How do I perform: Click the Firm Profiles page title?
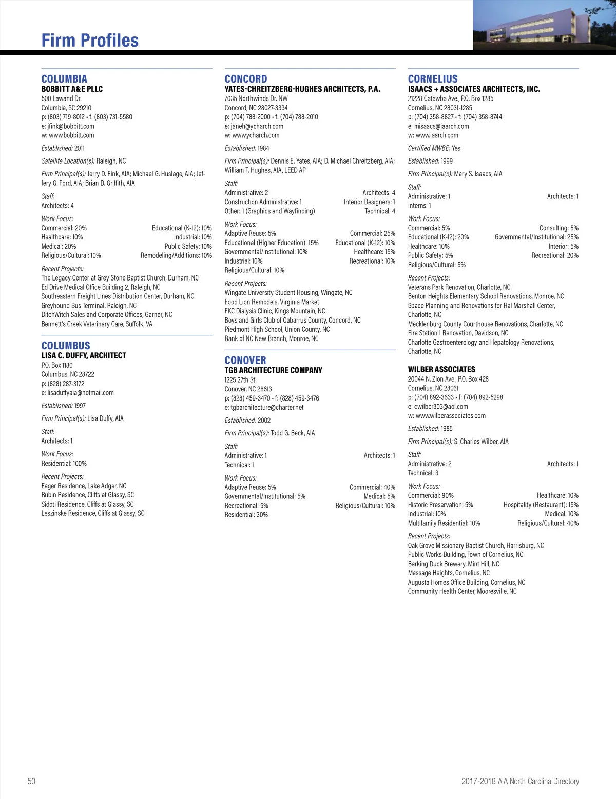(x=90, y=41)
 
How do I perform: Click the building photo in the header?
(x=544, y=25)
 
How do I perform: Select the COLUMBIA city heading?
(x=64, y=79)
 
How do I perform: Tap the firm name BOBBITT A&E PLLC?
(x=72, y=89)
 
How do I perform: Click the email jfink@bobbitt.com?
(x=71, y=126)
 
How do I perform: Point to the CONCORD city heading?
(x=246, y=79)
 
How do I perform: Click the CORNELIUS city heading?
(x=433, y=79)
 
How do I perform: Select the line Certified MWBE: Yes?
(x=434, y=148)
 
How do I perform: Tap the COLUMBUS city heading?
(x=66, y=346)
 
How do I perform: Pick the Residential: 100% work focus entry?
(x=64, y=464)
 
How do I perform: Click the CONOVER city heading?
(x=245, y=361)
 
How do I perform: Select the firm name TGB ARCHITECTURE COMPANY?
(x=273, y=370)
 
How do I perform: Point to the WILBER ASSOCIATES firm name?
(x=441, y=369)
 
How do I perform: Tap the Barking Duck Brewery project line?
(x=453, y=564)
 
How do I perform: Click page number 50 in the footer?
(x=31, y=781)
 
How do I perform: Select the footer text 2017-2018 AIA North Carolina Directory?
(x=520, y=781)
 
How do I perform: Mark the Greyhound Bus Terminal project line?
(x=89, y=306)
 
